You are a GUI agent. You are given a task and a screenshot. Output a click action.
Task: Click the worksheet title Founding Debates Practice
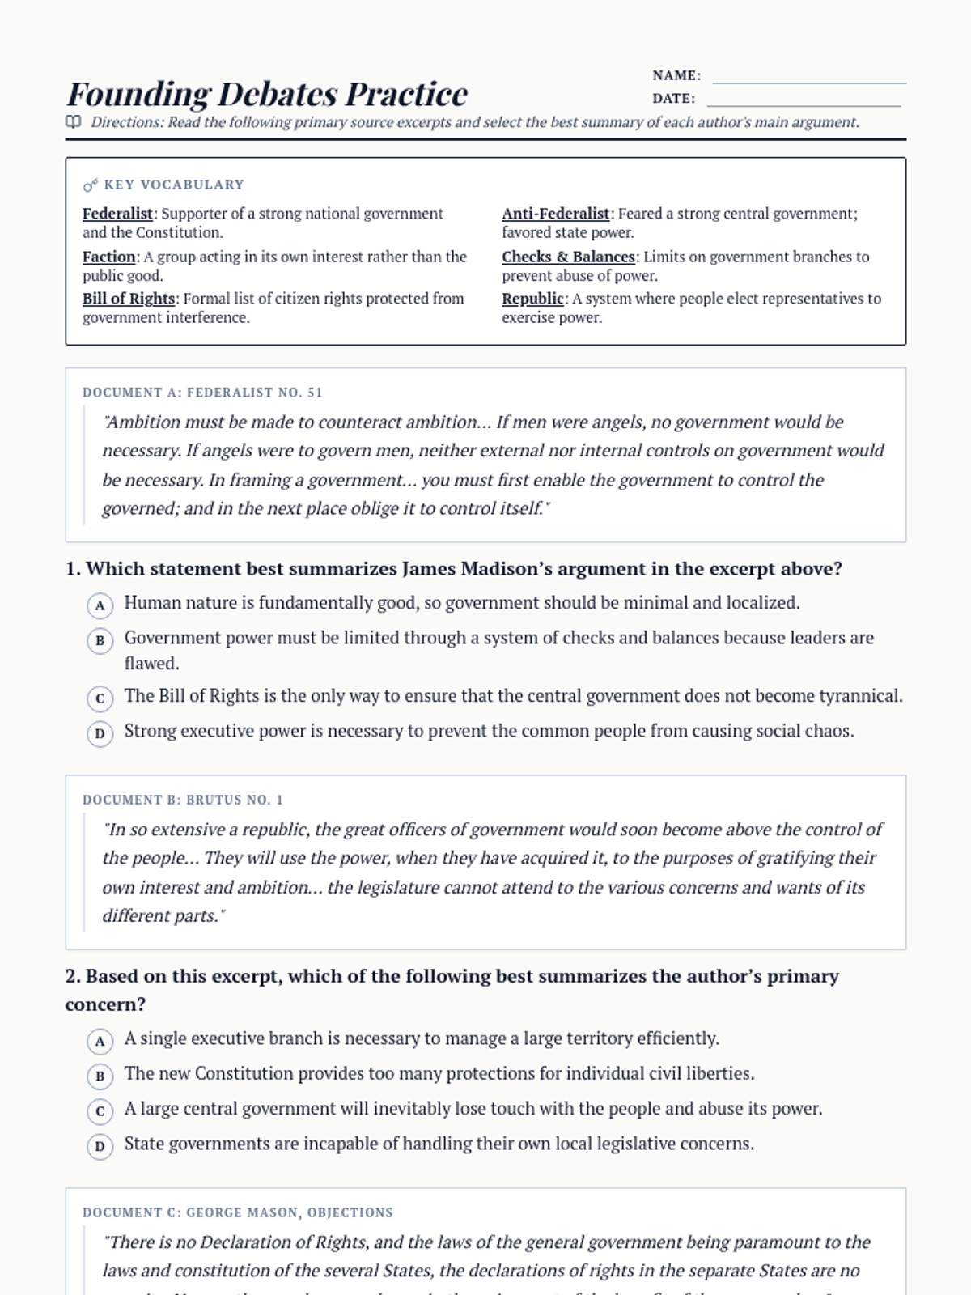267,95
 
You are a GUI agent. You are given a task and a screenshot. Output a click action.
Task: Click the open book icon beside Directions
74,122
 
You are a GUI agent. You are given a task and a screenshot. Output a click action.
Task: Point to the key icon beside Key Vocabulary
90,185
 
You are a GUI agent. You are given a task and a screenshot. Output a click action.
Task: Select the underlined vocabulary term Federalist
117,214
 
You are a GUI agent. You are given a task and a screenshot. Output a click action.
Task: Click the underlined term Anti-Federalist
555,214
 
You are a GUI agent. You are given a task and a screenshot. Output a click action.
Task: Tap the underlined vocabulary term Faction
109,257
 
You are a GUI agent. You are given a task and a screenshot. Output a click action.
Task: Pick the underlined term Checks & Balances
568,257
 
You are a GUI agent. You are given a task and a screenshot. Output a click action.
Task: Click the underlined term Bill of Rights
129,299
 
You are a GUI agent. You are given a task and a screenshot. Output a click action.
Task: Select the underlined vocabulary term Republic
532,299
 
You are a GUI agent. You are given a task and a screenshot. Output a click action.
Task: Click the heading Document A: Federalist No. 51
202,393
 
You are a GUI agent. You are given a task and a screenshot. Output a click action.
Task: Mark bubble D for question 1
100,734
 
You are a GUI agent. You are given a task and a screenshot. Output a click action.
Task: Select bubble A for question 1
100,605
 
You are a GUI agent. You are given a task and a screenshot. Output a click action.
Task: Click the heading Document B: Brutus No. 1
183,800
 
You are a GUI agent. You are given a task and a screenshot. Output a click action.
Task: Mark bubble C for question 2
100,1111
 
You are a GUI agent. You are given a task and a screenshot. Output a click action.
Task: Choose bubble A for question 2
100,1041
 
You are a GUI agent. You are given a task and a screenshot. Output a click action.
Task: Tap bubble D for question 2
100,1147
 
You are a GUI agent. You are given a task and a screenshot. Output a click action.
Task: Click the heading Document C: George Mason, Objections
237,1212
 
